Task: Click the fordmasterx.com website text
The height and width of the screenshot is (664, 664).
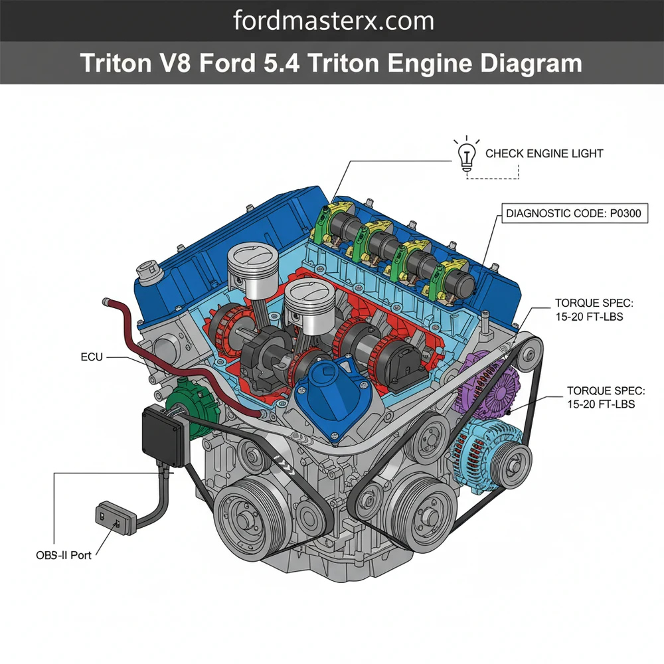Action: coord(333,21)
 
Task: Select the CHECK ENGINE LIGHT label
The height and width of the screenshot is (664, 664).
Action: coord(544,153)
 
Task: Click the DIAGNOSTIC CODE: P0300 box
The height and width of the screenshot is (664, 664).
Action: coord(572,214)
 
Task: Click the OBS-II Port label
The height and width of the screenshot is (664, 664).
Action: coord(64,555)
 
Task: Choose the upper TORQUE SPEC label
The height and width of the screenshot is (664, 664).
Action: coord(594,309)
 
